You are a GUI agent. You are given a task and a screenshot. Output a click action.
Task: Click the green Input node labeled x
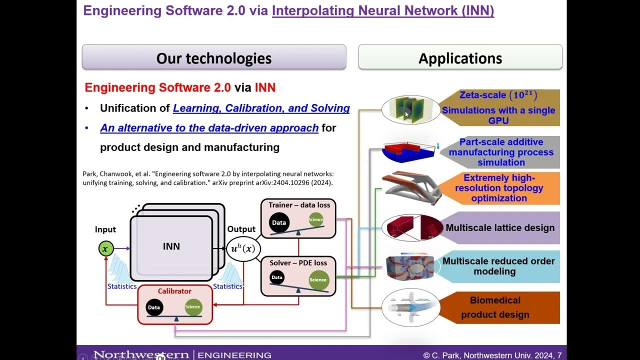click(x=105, y=248)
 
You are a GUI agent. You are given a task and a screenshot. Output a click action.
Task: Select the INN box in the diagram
click(x=171, y=247)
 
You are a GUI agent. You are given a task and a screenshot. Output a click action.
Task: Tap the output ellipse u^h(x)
click(x=243, y=248)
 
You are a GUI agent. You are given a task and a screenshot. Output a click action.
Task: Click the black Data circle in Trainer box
click(x=279, y=223)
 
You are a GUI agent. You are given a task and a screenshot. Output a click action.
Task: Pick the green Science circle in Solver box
click(x=318, y=279)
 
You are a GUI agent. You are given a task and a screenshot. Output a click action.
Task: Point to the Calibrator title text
click(x=174, y=291)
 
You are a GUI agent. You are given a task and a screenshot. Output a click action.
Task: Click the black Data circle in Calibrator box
click(x=154, y=307)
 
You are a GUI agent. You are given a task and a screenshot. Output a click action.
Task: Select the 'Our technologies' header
click(x=213, y=58)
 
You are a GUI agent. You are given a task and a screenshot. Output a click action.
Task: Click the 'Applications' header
click(x=460, y=58)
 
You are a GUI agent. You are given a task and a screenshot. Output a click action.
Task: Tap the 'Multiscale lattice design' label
click(x=499, y=228)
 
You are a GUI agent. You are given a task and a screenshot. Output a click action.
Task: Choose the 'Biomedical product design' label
click(x=495, y=307)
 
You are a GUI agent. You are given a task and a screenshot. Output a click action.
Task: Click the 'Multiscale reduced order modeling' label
click(x=498, y=266)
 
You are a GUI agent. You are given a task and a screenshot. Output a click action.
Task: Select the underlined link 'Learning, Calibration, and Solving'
click(x=261, y=108)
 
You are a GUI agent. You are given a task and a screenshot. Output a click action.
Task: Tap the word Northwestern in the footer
click(x=141, y=355)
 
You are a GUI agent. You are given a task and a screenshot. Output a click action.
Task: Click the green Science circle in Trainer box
click(x=316, y=219)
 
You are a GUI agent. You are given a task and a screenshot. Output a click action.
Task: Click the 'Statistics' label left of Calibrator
click(x=121, y=286)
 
